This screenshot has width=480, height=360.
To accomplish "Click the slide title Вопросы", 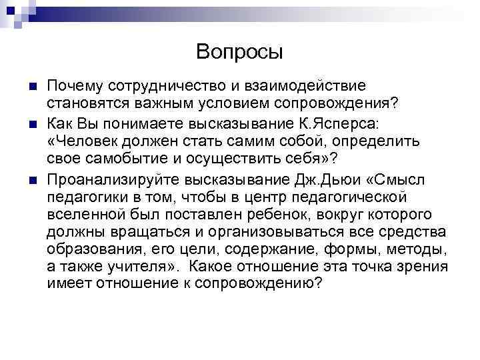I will coord(240,51).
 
